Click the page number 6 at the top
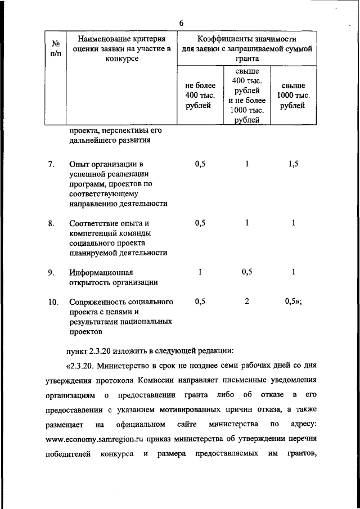(181, 22)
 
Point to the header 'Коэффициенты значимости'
(246, 39)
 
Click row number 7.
(51, 164)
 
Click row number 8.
(51, 223)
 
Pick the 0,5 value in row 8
(200, 223)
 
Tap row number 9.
(51, 273)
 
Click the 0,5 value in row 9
(247, 273)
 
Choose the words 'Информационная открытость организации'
(114, 278)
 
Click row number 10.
(53, 301)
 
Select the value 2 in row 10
(247, 301)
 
